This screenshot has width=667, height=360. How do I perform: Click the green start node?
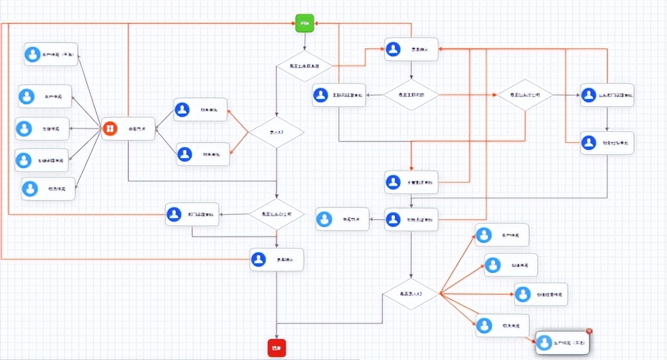coord(305,23)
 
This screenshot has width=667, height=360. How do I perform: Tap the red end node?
coord(277,348)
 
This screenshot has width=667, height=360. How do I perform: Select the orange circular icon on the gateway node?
coord(110,128)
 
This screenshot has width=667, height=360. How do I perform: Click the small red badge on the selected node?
coord(589,331)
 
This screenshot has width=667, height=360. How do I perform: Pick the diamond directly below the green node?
coord(305,66)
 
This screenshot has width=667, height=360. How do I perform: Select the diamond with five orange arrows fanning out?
coord(412,294)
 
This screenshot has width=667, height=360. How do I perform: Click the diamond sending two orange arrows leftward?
coord(276,132)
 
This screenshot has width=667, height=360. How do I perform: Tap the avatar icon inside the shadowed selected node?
coord(544,344)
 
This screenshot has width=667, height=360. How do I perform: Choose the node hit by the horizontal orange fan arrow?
coord(541,294)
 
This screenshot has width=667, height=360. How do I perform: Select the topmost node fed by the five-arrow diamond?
coord(501,235)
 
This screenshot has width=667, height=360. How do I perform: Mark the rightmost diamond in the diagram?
coord(525,95)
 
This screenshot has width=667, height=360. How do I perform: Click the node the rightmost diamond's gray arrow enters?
coord(607,95)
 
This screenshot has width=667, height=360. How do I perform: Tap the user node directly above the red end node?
coord(276,259)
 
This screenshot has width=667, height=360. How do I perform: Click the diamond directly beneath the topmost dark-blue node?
coord(412,95)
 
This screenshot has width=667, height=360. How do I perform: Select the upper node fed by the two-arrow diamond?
coord(201,110)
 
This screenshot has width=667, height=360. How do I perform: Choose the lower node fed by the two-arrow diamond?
coord(203,154)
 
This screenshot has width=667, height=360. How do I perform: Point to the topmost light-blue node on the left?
coord(51,54)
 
